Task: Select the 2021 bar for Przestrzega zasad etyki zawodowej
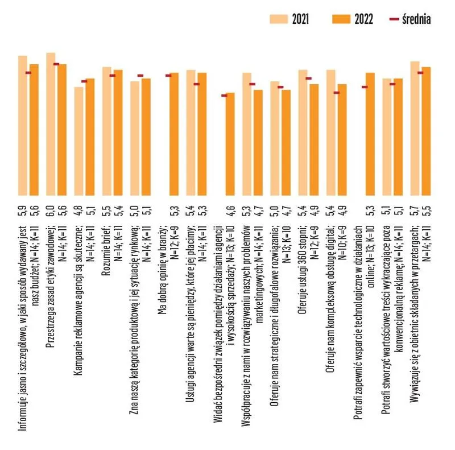pos(51,125)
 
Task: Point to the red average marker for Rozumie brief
pos(112,76)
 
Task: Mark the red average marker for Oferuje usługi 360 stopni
pos(308,79)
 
